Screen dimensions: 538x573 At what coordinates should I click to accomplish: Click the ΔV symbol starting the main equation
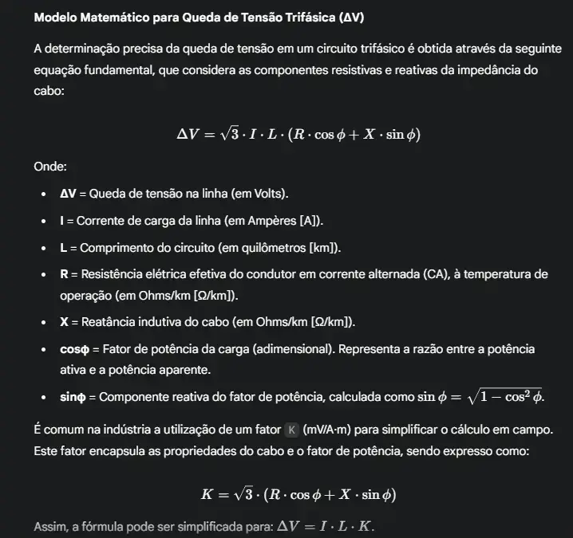click(189, 133)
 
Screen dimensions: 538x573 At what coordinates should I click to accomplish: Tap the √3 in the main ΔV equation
click(228, 133)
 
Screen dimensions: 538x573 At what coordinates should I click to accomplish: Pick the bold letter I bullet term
click(62, 219)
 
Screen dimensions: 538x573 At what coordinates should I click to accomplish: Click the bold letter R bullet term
click(64, 273)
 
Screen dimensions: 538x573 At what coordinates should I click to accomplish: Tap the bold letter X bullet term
click(64, 322)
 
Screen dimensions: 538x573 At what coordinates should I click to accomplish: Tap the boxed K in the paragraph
click(291, 430)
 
